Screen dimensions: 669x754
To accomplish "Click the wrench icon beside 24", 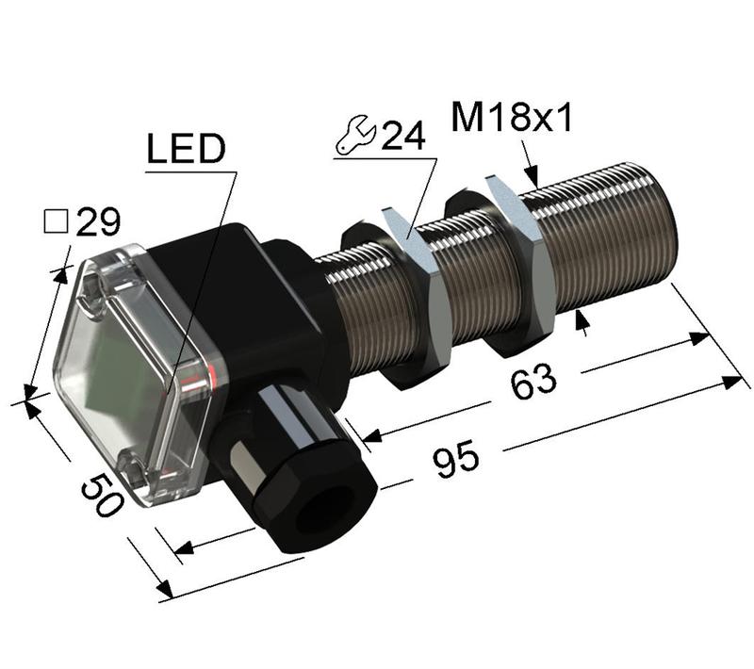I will pos(356,138).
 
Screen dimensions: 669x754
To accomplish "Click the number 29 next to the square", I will pos(98,223).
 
